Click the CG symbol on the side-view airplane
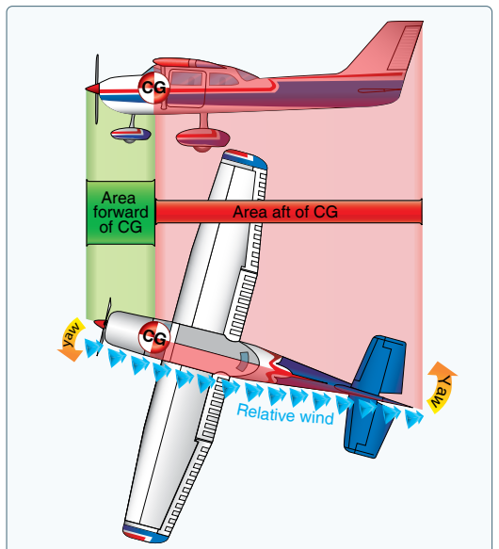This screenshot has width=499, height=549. (153, 88)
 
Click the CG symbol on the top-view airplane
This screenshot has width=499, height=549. (154, 337)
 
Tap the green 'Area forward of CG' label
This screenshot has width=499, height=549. (121, 213)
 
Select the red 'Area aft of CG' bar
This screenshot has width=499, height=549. (288, 212)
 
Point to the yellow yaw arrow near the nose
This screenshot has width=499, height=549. (72, 339)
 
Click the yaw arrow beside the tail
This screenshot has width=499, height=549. (442, 387)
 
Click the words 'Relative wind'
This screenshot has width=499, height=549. (285, 414)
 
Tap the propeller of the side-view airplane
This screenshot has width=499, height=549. (97, 89)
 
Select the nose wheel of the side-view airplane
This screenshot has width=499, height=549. (130, 136)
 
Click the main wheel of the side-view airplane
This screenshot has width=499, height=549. (202, 138)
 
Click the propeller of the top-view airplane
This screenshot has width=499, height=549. (105, 325)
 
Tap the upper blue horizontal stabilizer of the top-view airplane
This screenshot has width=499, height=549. (380, 364)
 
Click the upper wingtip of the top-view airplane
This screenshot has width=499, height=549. (245, 158)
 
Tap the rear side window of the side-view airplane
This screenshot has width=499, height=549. (223, 79)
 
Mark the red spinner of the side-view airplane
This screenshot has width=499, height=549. (92, 89)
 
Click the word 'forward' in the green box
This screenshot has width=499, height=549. (121, 213)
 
